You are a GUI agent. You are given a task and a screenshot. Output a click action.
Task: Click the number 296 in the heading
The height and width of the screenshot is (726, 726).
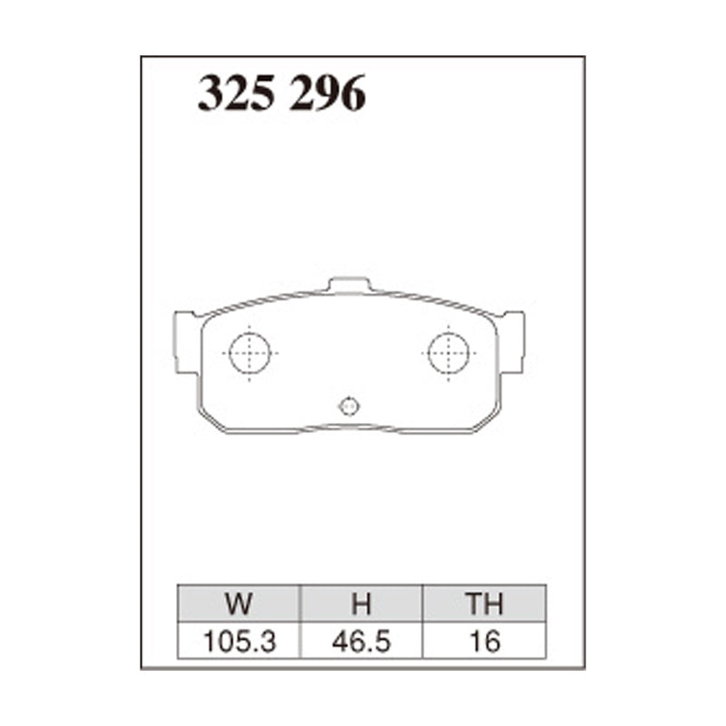[328, 94]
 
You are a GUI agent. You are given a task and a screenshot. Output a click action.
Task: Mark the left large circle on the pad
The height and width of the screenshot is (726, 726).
[250, 352]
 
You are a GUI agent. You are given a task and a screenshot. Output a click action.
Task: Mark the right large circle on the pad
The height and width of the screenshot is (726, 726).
[448, 352]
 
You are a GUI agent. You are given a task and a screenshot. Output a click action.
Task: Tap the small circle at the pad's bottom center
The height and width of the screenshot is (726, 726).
[349, 407]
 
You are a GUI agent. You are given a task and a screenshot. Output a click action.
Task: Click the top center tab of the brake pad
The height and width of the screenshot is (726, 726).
[349, 285]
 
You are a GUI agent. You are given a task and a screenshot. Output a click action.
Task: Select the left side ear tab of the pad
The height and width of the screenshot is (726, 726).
[185, 341]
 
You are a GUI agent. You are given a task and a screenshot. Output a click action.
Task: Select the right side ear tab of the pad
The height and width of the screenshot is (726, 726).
[512, 341]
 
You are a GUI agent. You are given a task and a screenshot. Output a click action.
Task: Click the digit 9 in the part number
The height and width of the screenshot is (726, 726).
[327, 94]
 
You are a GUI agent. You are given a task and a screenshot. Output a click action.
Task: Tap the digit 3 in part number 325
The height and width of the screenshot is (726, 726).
[211, 94]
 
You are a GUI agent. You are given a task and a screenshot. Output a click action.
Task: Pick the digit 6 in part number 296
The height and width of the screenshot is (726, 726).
[352, 94]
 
